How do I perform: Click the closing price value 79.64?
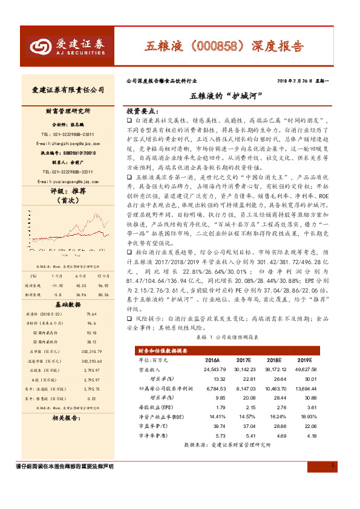92,314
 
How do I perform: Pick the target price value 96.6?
92,323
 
